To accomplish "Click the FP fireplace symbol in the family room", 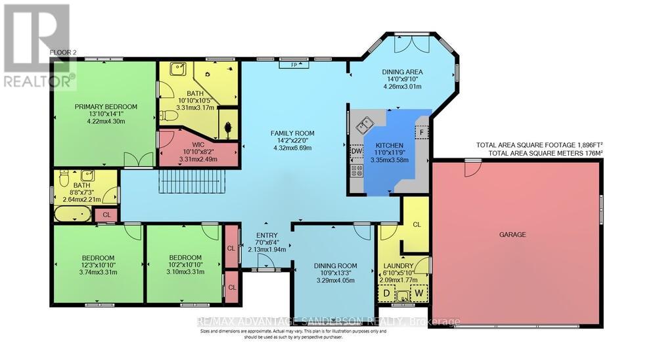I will (x=289, y=64).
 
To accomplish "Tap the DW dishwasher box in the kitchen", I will (x=356, y=150).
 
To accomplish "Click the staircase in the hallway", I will (x=193, y=179).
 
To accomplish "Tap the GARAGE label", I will (x=516, y=234).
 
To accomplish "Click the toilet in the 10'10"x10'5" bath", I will (x=170, y=116).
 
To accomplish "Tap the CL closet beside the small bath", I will (x=106, y=214).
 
